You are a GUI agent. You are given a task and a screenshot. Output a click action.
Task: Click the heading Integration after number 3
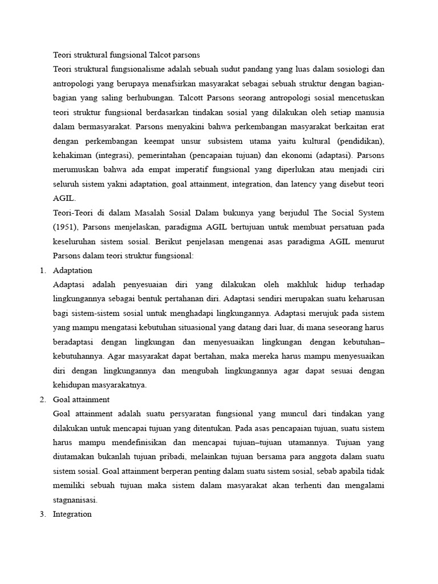point(72,514)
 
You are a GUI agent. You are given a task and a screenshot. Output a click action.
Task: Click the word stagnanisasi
point(75,500)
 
